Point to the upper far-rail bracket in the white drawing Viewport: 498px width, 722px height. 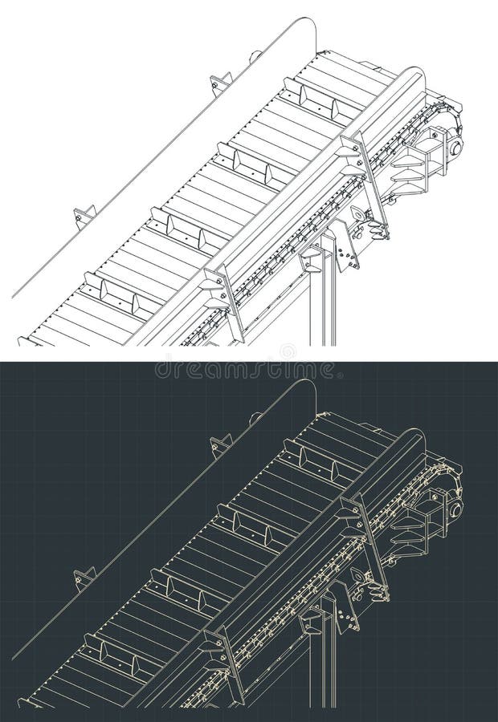220,83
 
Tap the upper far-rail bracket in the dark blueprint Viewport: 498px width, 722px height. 220,444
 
